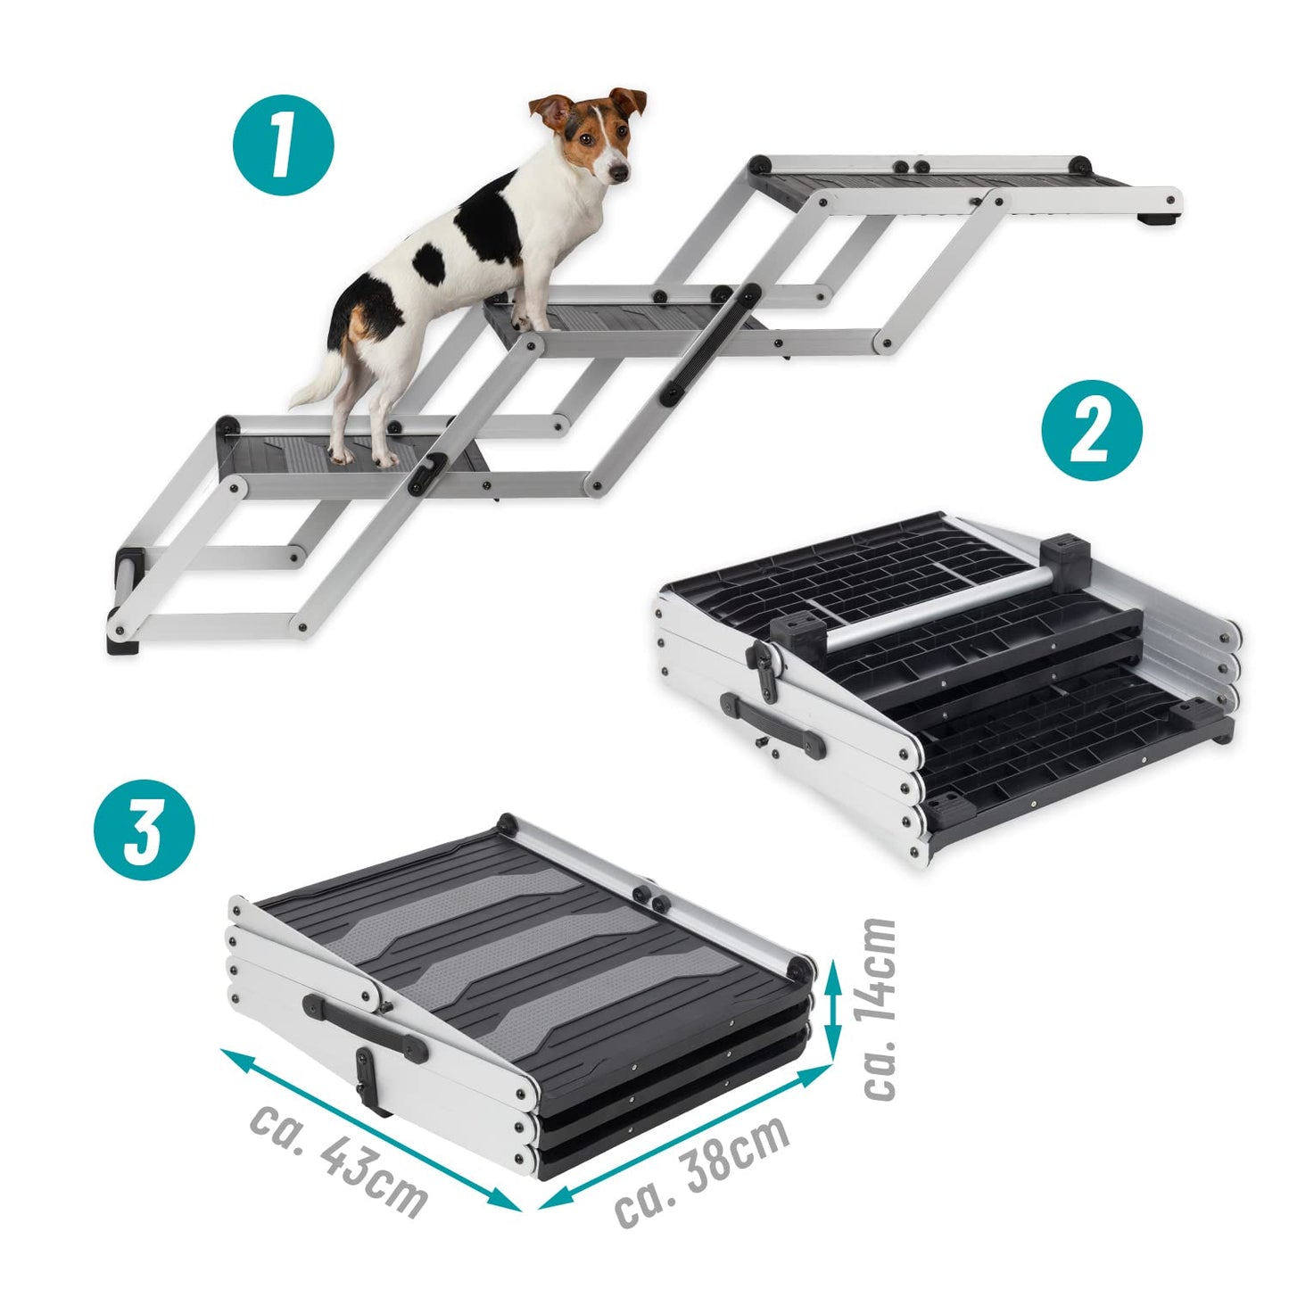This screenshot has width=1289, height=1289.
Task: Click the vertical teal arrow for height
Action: pyautogui.click(x=832, y=1008)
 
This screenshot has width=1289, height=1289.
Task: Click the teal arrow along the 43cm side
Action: pyautogui.click(x=370, y=1128)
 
